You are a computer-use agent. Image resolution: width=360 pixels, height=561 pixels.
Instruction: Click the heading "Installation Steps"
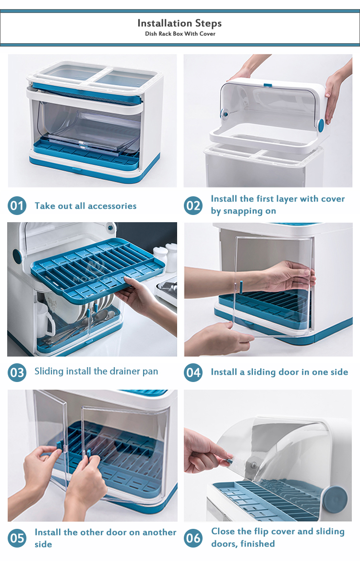pos(180,23)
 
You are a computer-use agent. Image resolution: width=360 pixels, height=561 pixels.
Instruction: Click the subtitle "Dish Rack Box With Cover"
pos(180,34)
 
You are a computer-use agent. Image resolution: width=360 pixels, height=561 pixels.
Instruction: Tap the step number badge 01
pos(17,206)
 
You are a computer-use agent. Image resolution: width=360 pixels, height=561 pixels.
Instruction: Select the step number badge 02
pos(193,206)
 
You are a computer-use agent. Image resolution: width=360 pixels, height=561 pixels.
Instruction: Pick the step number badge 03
pos(17,372)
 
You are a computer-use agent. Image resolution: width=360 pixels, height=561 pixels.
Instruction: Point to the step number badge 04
pos(193,372)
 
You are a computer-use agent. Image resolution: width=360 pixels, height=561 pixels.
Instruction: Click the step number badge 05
pos(17,538)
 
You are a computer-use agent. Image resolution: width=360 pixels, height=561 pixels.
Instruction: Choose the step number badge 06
pos(193,538)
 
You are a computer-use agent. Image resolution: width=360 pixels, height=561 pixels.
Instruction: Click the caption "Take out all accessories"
pos(85,206)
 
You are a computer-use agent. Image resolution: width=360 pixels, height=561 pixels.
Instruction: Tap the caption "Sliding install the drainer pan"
pos(96,371)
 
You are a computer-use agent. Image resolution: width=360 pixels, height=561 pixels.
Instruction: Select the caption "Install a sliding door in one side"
pos(279,372)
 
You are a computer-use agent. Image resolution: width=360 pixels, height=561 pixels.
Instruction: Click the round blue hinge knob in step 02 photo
pos(321,125)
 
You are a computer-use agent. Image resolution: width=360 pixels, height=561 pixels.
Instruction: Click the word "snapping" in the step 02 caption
pos(252,211)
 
